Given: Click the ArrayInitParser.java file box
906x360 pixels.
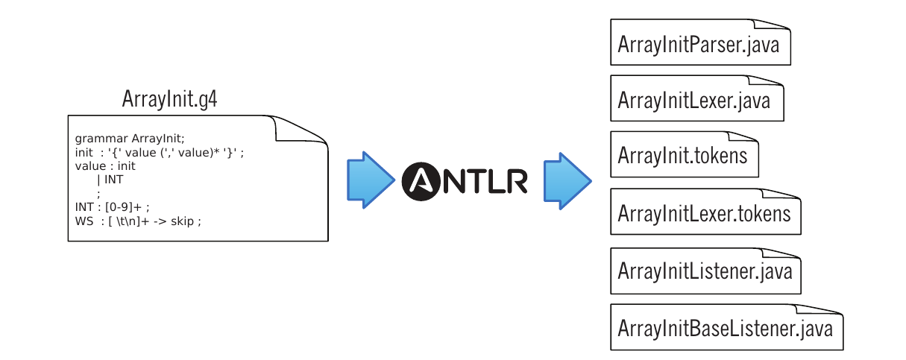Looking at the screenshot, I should (699, 44).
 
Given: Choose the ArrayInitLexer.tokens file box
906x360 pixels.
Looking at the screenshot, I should (705, 213).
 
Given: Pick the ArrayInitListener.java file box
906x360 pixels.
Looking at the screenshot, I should (705, 270).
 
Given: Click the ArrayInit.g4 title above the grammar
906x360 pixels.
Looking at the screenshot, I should (170, 100).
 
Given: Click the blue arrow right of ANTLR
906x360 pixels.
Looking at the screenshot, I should (567, 179).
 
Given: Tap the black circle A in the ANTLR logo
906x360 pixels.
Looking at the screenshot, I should (423, 180).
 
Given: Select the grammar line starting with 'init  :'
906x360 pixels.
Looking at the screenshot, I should (160, 153).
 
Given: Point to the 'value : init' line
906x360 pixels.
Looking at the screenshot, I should (105, 166).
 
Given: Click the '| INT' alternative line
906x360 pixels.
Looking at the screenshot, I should (110, 180).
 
